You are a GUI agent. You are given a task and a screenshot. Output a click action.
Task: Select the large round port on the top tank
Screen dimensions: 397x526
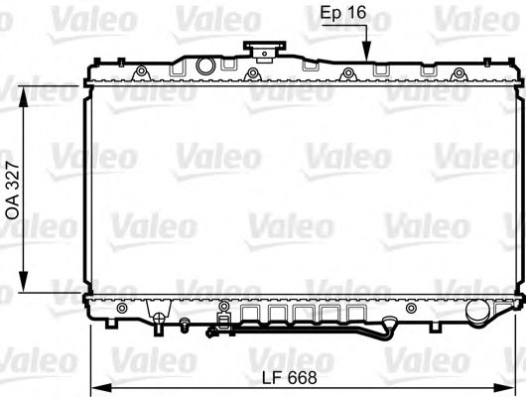coord(206,66)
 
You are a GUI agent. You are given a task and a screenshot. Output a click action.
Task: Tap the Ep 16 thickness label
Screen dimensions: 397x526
coord(343,13)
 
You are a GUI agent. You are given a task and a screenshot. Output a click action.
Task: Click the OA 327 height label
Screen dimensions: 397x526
coord(13,189)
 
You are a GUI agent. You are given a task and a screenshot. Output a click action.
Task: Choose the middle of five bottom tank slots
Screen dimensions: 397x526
coord(299,317)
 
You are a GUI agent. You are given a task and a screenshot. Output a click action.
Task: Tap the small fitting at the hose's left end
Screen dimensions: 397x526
coord(210,332)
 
